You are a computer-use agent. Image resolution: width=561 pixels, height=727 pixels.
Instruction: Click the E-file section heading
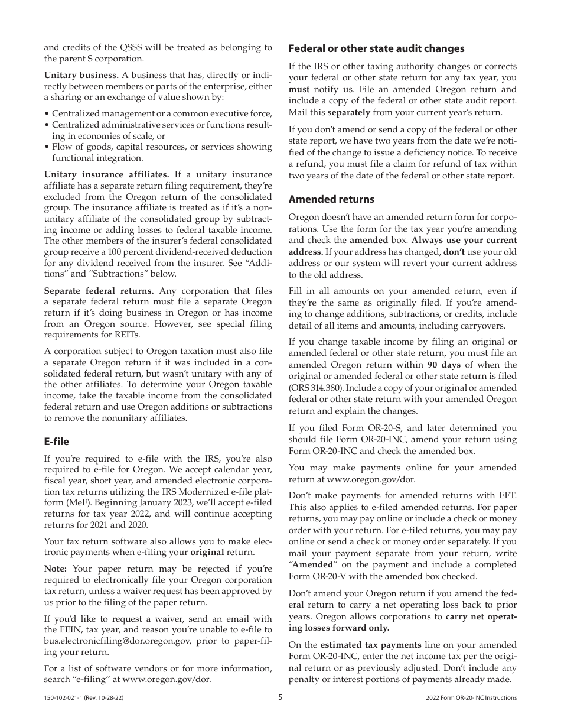57,442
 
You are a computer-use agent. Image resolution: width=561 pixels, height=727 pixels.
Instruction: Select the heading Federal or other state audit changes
376,48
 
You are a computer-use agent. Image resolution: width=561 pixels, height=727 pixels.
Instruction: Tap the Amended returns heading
331,199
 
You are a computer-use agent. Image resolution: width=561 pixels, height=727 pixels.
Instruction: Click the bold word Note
56,569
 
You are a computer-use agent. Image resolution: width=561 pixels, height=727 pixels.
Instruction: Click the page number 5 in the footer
280,697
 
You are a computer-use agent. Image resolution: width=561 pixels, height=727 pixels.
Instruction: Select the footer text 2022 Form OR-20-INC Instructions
471,698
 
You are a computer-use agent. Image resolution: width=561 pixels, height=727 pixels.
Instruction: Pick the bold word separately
348,112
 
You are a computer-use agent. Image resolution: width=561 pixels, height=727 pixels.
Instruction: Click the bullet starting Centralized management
161,113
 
